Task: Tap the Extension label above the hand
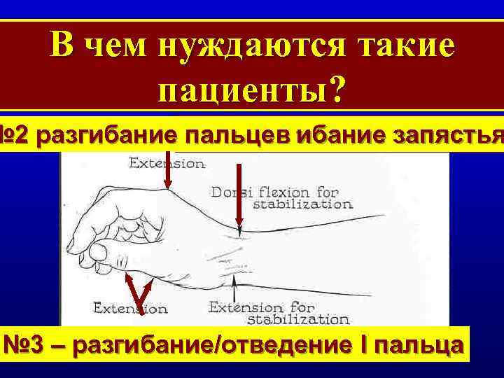(167, 164)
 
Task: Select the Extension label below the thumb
(132, 307)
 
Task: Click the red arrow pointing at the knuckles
(168, 161)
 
